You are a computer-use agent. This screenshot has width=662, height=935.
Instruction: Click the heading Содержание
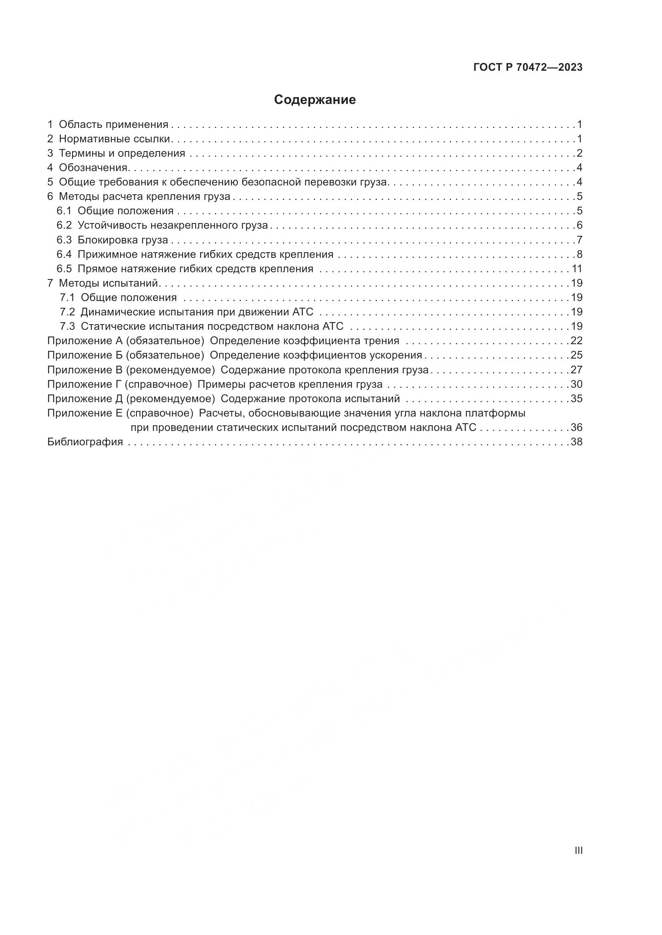pos(315,100)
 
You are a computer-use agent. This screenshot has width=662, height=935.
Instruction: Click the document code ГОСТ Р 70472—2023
pos(528,68)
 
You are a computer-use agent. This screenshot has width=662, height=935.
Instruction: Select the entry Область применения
pos(113,125)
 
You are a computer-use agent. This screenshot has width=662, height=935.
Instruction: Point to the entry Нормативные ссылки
pos(114,139)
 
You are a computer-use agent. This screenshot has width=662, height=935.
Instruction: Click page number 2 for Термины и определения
pos(579,154)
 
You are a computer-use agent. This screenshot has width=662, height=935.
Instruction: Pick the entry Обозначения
pos(94,168)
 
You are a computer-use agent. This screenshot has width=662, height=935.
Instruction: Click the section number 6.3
pos(64,240)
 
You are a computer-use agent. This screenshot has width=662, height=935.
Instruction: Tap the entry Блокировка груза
pos(123,240)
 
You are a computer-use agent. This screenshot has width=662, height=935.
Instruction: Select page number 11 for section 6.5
pos(576,269)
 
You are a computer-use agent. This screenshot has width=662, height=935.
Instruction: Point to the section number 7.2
pos(67,312)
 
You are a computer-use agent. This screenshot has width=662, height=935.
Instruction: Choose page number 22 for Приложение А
pos(576,341)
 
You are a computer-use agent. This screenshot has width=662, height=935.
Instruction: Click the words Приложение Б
pos(85,355)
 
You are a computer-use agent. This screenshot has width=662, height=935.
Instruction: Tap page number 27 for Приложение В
pos(576,370)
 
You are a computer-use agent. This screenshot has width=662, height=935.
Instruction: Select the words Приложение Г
pos(85,384)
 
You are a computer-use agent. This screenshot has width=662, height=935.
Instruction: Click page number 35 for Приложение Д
pos(576,399)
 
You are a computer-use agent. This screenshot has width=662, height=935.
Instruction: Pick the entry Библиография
pos(85,442)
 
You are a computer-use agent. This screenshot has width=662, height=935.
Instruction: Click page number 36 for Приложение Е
pos(576,428)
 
